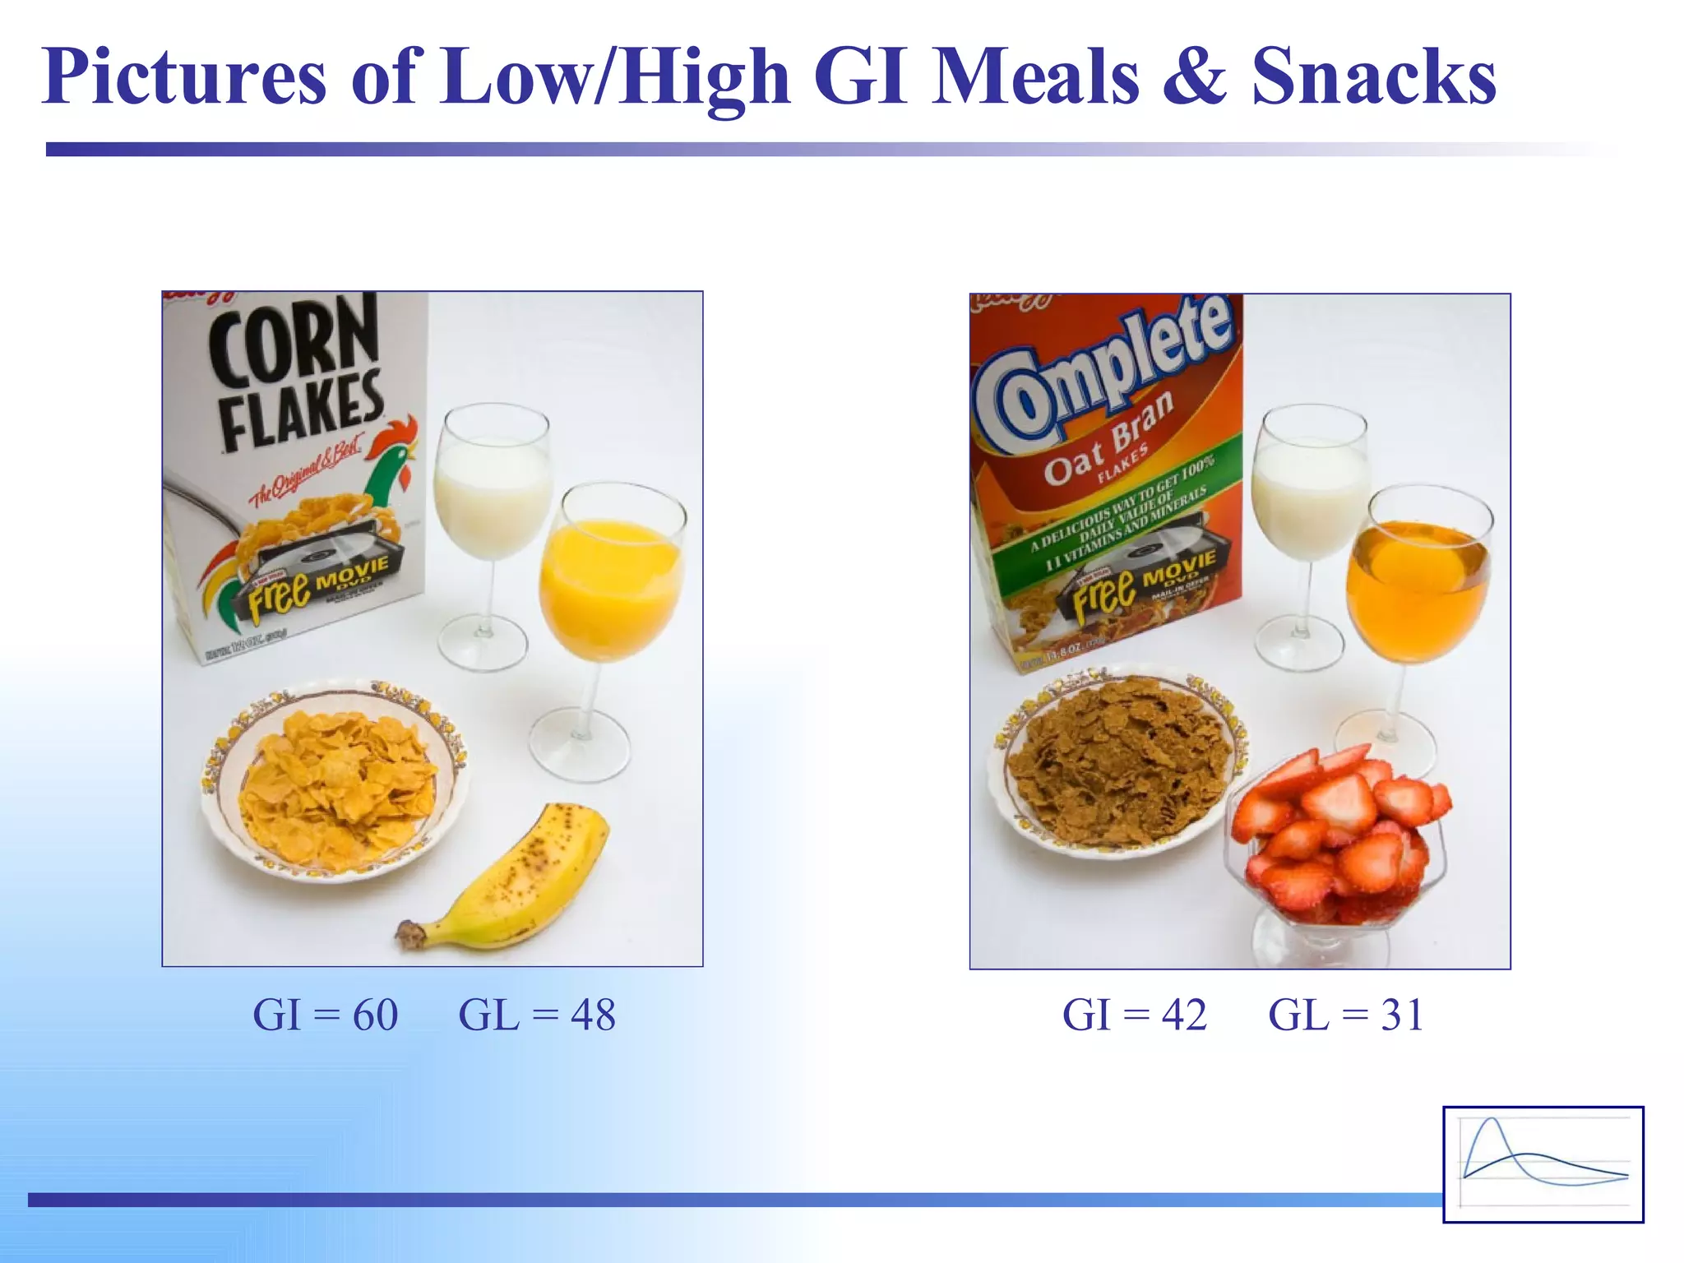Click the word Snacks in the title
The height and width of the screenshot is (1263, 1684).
coord(1373,76)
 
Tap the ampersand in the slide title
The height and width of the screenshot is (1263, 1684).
coord(1194,76)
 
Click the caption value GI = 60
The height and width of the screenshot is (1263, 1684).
coord(326,1015)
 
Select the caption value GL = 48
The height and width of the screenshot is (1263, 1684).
coord(537,1015)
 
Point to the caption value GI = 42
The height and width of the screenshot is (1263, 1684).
coord(1135,1015)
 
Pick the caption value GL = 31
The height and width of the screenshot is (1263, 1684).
coord(1346,1015)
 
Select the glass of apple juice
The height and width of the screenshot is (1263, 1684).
coord(1416,588)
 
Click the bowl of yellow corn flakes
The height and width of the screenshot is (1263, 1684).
coord(335,781)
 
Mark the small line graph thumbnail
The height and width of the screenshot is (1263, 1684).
coord(1543,1164)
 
